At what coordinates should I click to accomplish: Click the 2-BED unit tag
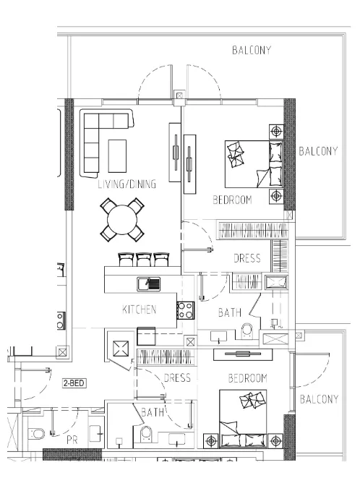[x=74, y=383]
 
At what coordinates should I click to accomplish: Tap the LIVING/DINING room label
[x=127, y=184]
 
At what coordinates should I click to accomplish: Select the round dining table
[x=122, y=220]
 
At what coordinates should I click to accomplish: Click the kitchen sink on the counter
[x=148, y=283]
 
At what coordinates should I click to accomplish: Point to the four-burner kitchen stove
[x=185, y=310]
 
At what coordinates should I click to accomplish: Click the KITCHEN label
[x=139, y=310]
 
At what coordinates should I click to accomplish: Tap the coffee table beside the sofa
[x=117, y=155]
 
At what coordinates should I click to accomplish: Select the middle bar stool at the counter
[x=144, y=260]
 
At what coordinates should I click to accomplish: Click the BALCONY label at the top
[x=252, y=50]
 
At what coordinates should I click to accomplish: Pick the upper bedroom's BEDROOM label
[x=232, y=200]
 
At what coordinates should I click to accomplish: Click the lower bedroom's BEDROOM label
[x=247, y=378]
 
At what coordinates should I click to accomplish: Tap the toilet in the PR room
[x=37, y=433]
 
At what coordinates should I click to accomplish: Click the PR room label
[x=72, y=440]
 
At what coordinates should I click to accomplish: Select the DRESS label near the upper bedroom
[x=247, y=258]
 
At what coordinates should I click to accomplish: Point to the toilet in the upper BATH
[x=247, y=331]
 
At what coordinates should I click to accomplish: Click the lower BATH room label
[x=153, y=412]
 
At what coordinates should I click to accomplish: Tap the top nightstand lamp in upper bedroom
[x=276, y=132]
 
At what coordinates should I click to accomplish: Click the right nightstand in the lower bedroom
[x=275, y=441]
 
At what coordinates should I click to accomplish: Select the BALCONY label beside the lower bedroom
[x=319, y=399]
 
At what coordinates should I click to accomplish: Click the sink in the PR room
[x=97, y=433]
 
